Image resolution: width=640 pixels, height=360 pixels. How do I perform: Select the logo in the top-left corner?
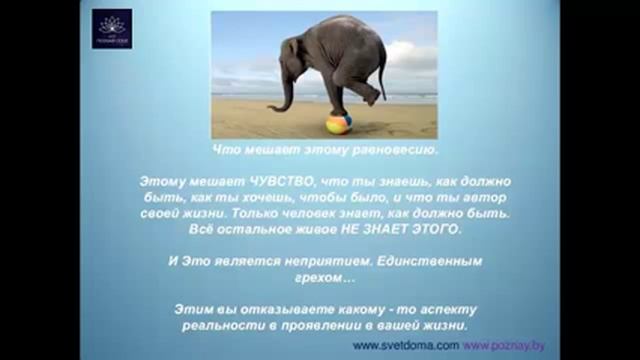click(111, 29)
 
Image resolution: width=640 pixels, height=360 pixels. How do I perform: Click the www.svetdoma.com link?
click(405, 345)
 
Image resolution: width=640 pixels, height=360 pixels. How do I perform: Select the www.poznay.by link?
click(504, 345)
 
